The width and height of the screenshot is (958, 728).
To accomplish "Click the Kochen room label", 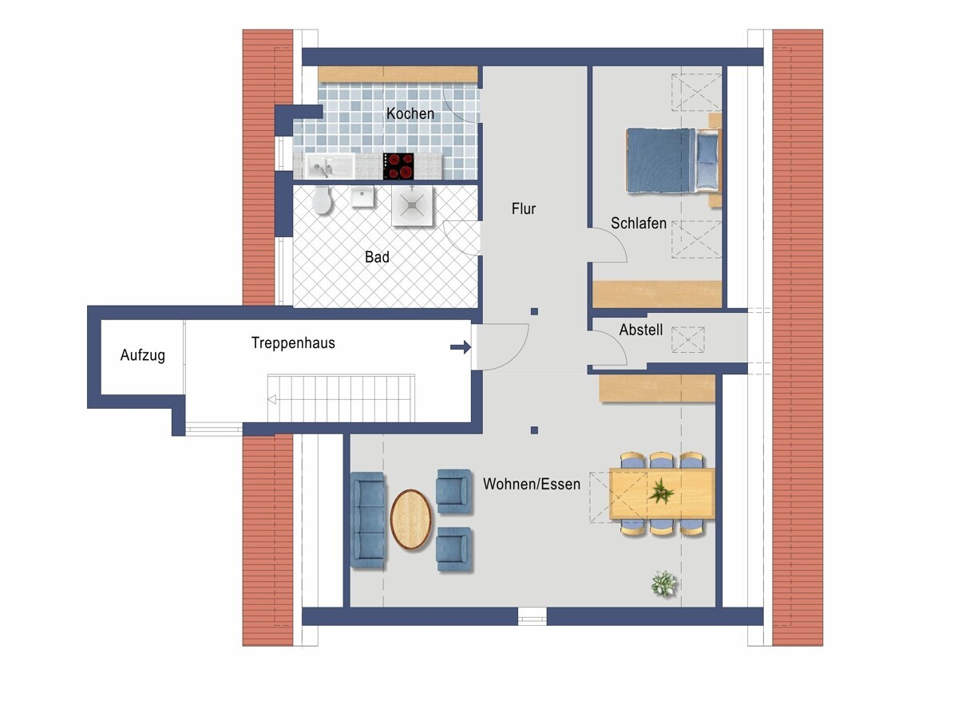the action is (x=410, y=113).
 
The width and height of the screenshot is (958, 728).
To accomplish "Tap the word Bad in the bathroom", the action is (x=377, y=257).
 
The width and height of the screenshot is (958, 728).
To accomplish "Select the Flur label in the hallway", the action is (x=524, y=208).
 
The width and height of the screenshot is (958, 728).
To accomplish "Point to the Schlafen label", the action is (x=639, y=224).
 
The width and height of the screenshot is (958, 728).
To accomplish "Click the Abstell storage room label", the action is (x=641, y=330).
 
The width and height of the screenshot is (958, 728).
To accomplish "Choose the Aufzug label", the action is (x=143, y=355).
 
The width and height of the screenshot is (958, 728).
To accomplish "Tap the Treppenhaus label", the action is (x=293, y=342).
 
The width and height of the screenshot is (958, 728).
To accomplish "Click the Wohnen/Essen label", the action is (x=532, y=485).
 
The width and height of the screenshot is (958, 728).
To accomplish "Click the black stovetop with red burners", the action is (x=398, y=166).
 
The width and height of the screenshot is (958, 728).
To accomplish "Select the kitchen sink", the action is (x=330, y=166).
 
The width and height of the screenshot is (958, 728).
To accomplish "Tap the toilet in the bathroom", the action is (x=322, y=200).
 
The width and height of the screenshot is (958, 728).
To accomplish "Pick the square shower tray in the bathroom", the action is (x=412, y=206).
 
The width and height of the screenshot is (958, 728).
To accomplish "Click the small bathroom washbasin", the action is (x=362, y=196).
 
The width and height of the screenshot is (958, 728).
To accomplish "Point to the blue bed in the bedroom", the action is (x=672, y=160).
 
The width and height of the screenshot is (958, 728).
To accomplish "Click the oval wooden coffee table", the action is (x=410, y=519).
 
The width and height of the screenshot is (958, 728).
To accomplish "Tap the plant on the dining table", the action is (x=661, y=492).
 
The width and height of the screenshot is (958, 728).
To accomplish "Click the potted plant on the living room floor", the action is (x=664, y=584).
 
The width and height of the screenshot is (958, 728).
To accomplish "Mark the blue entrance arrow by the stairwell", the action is (x=461, y=347).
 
